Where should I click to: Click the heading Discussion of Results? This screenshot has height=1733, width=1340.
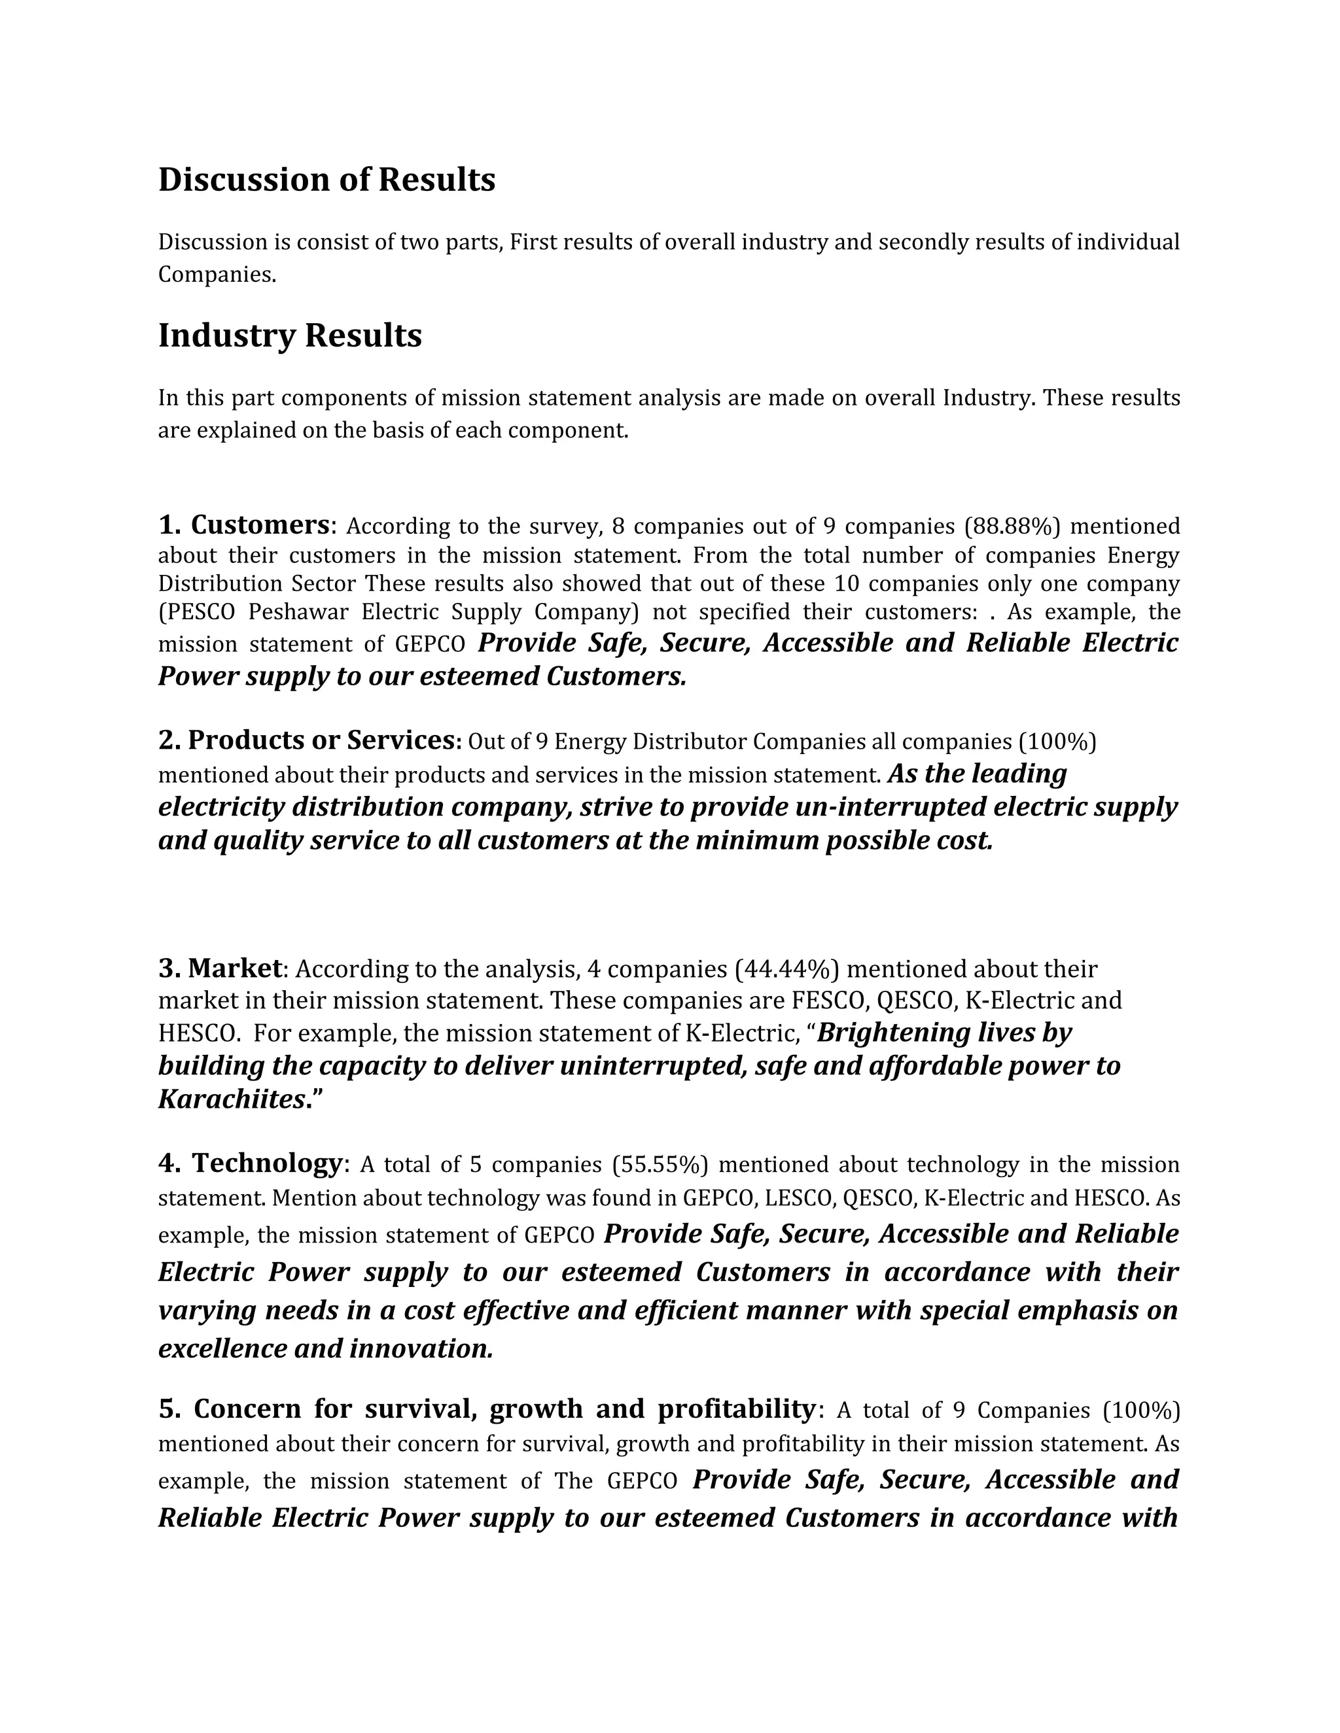pos(326,180)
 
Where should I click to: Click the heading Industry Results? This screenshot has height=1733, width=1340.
pos(290,335)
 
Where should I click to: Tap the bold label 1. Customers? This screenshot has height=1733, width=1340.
pos(243,525)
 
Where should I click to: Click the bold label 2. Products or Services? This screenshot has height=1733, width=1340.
pos(308,740)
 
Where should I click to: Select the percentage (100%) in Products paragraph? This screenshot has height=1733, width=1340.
pos(1057,742)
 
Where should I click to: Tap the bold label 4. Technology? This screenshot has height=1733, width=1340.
pos(250,1163)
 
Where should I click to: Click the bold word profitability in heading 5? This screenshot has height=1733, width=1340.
pos(735,1409)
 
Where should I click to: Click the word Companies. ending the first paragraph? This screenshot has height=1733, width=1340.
pos(217,275)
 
